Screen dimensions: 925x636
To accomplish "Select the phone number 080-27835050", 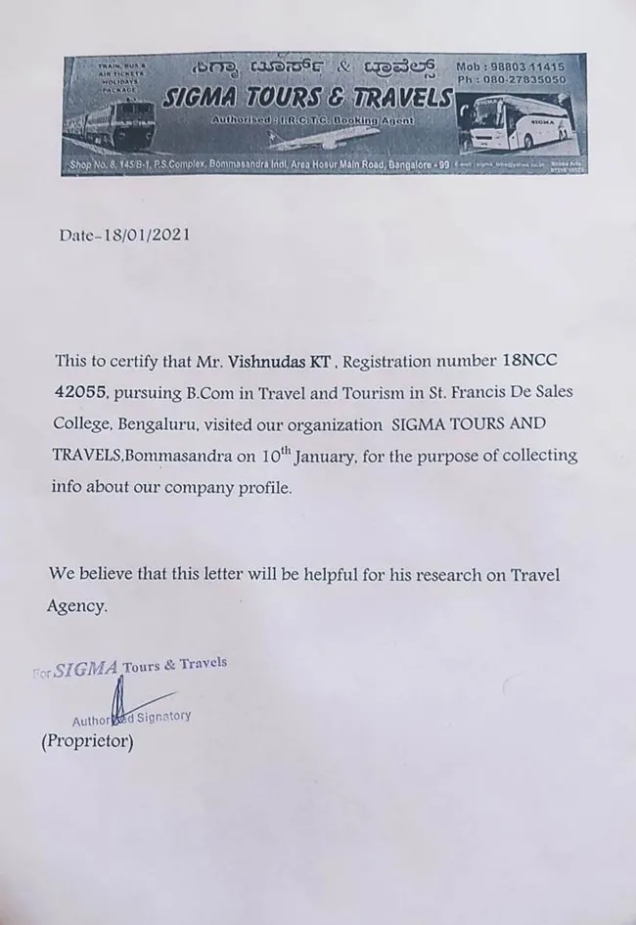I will [x=526, y=79].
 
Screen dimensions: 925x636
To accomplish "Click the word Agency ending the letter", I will [x=76, y=606].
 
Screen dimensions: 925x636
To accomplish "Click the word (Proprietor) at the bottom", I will [x=87, y=741].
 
